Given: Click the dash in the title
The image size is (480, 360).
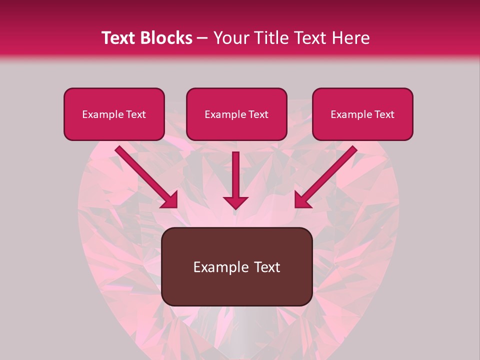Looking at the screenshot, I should pyautogui.click(x=202, y=38).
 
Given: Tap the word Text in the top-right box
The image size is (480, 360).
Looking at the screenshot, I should pyautogui.click(x=383, y=114).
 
